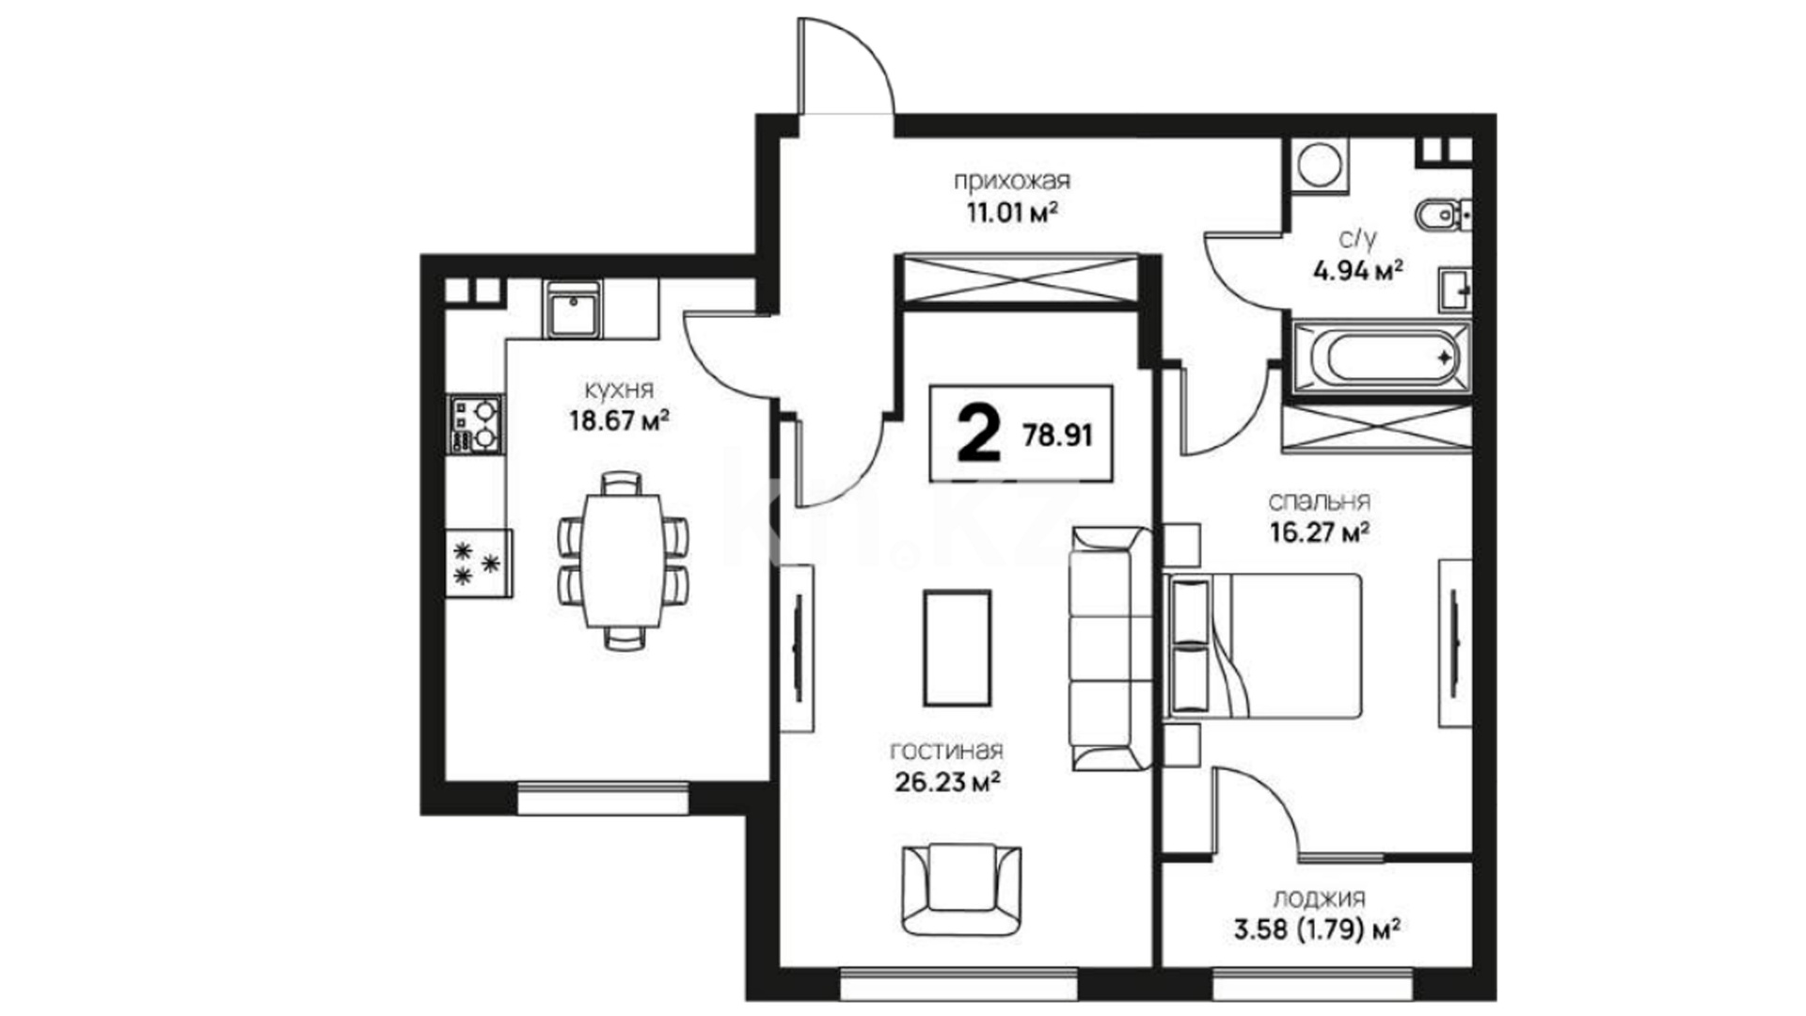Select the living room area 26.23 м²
943,781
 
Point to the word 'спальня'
1319,501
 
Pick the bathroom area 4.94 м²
1358,272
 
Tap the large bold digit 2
978,435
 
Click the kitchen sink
572,310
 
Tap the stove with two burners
475,423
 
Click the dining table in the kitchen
622,561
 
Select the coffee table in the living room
957,648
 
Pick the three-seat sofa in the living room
1111,648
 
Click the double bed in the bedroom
1262,646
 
